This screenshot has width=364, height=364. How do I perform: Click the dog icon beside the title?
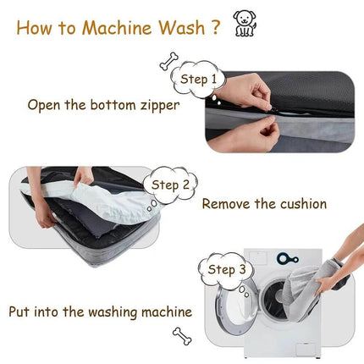point(245,23)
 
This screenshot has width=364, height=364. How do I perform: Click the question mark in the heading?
point(216,27)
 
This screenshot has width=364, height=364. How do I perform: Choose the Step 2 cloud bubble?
point(172,185)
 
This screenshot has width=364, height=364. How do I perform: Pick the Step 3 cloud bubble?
point(226,270)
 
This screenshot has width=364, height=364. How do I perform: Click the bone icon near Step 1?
point(168,61)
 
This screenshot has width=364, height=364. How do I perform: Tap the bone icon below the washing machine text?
point(181,336)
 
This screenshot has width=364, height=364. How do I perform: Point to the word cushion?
point(299,204)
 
